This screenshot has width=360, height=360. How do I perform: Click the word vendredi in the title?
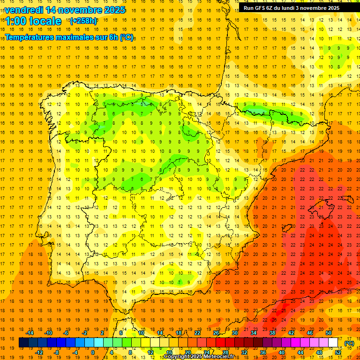point(24,10)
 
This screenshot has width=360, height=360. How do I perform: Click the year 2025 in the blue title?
point(112,10)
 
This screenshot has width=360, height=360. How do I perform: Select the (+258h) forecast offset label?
point(83,21)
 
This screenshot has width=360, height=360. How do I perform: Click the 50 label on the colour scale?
point(329,333)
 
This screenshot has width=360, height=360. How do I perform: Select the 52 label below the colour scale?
point(338,352)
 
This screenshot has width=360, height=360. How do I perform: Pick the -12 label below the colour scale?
point(39,352)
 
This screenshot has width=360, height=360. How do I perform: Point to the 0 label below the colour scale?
point(93,352)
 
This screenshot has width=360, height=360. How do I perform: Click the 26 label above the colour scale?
point(216,333)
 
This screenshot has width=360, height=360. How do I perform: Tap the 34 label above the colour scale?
point(254,333)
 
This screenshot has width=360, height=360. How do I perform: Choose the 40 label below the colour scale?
point(282,352)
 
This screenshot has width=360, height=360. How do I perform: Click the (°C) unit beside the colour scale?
point(349,343)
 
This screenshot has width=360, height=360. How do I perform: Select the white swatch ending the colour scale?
point(333,343)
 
